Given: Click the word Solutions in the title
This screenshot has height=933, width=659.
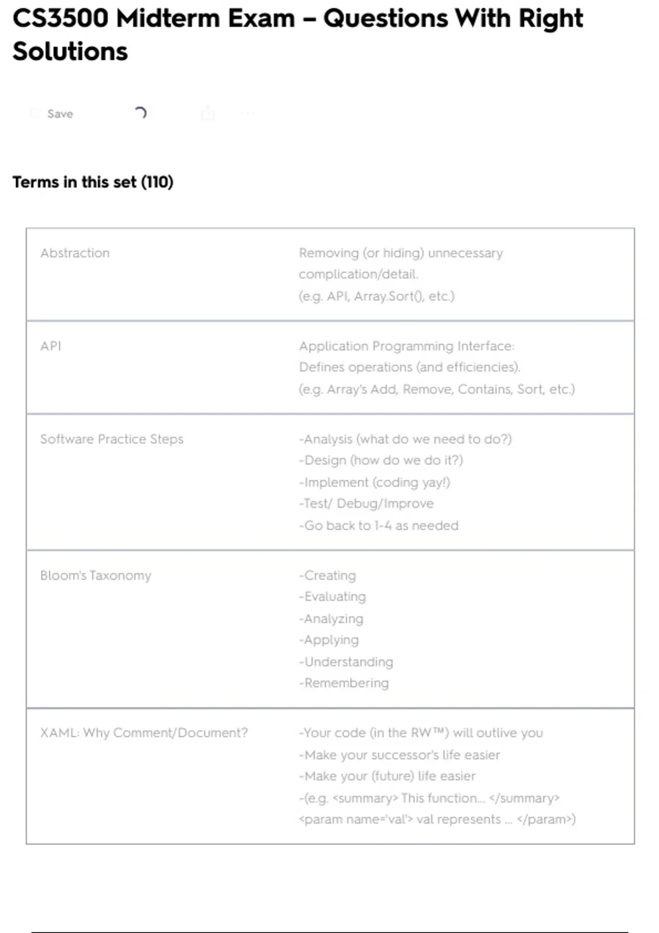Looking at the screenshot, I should (x=70, y=52).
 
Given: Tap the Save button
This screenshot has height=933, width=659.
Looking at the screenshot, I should (x=59, y=114).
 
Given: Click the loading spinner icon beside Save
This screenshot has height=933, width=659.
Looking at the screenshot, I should (x=141, y=113).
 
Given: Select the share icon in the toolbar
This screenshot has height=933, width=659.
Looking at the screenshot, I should (x=208, y=113).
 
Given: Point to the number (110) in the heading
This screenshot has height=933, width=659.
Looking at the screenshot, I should (x=157, y=182).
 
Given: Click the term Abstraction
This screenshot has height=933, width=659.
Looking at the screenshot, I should (x=75, y=253).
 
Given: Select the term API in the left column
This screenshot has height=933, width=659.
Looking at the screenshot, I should (x=51, y=346).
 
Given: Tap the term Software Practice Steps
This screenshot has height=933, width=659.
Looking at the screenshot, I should (x=111, y=439).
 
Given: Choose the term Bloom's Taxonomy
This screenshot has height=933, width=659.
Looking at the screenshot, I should (x=96, y=575).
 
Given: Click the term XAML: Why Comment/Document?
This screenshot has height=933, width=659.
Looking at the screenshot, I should (x=144, y=733).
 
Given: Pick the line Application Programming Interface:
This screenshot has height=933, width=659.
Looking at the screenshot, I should (x=406, y=346).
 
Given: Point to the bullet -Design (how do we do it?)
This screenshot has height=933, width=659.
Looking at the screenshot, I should (x=381, y=460).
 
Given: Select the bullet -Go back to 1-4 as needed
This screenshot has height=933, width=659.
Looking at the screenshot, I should (x=379, y=525).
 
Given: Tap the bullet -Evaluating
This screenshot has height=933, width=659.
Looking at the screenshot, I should (x=333, y=597).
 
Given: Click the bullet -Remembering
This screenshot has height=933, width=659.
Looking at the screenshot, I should (x=344, y=683).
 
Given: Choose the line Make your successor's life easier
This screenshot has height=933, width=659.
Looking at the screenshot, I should (x=400, y=755).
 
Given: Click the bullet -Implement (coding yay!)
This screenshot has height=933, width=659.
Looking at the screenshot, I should (x=375, y=482).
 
